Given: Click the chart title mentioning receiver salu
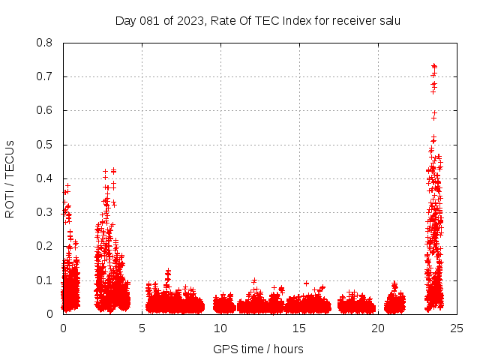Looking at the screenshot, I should point(257,21).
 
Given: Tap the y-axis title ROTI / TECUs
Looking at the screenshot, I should point(10,178).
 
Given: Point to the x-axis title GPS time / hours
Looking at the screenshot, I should point(258,349).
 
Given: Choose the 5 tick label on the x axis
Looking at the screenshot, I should point(142,328).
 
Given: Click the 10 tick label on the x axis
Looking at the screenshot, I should point(220,328).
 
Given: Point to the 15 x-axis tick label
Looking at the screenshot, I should point(299,328).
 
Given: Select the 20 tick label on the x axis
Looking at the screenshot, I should point(378,328).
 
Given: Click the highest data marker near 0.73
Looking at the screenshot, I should point(433,66).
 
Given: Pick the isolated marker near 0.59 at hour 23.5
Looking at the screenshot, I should point(434,114).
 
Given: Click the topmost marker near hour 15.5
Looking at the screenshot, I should point(306,283).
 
